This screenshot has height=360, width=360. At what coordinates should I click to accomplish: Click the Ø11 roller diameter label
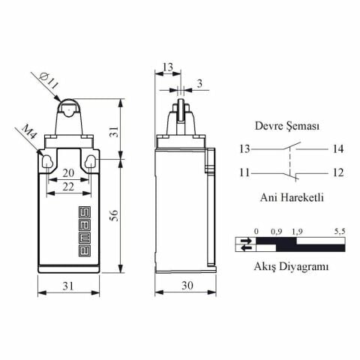[46, 81]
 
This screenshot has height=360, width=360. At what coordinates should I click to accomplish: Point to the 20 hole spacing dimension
[68, 172]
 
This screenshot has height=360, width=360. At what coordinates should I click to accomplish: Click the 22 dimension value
[68, 187]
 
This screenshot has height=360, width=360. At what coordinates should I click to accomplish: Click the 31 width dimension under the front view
[67, 286]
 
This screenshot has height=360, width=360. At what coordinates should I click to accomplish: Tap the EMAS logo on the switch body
[84, 232]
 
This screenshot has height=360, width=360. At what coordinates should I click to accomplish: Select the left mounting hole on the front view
[46, 160]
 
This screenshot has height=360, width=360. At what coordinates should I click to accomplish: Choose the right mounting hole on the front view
[91, 160]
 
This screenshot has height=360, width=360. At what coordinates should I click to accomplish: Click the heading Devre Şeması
[287, 127]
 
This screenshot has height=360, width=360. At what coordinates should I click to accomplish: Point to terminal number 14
[337, 149]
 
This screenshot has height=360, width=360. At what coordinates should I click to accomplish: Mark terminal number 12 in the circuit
[337, 173]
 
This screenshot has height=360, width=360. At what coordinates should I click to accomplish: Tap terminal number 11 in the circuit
[244, 173]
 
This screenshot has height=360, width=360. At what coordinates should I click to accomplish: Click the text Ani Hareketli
[291, 198]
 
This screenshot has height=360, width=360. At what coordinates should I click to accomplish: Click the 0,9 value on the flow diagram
[276, 232]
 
